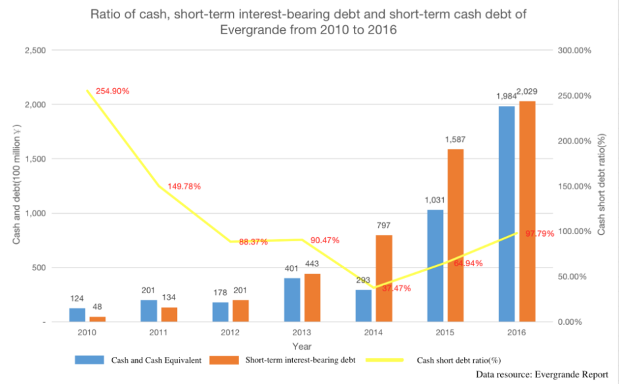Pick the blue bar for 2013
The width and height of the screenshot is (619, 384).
click(x=292, y=300)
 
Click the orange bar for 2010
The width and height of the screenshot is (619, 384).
click(x=97, y=319)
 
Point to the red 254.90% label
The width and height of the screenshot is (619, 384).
click(x=113, y=91)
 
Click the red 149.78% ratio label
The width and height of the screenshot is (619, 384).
click(x=184, y=186)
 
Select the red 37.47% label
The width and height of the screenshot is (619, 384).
click(x=396, y=288)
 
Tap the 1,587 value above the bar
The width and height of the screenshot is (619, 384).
click(x=456, y=139)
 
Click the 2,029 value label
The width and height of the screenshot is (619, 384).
click(x=527, y=91)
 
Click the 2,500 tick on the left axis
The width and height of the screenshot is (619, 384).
click(x=33, y=51)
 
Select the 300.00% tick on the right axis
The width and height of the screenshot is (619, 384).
click(x=574, y=51)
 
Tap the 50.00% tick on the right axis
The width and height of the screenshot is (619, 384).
click(x=572, y=276)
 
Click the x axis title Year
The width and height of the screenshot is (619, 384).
click(x=302, y=346)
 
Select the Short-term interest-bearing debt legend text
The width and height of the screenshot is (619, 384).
click(x=301, y=360)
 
